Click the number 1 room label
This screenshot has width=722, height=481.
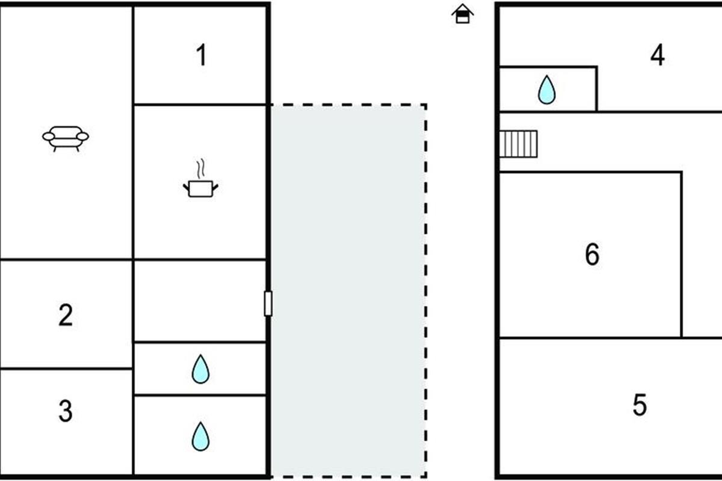coord(202,55)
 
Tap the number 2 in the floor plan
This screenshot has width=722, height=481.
coord(66,315)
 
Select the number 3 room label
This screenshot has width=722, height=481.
coord(66,411)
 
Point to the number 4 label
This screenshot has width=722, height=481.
coord(658,55)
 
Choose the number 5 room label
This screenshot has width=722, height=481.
coord(640,405)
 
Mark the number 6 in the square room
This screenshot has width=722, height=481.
coord(592,255)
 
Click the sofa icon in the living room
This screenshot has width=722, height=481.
coord(66,138)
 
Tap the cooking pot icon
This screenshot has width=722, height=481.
coord(200,188)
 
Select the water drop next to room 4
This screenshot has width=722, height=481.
coord(546,90)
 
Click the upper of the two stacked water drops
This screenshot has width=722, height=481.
coord(200,369)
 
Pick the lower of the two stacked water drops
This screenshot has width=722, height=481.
coord(200,436)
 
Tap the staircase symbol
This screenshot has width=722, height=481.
coord(519,144)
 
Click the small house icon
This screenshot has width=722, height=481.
coord(463,14)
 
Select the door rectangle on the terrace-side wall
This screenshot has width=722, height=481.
coord(268,303)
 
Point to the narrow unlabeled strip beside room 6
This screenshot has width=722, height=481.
coord(702,255)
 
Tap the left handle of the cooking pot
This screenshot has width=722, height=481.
coord(185,187)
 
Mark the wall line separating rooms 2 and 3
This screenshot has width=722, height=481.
coord(66,368)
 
